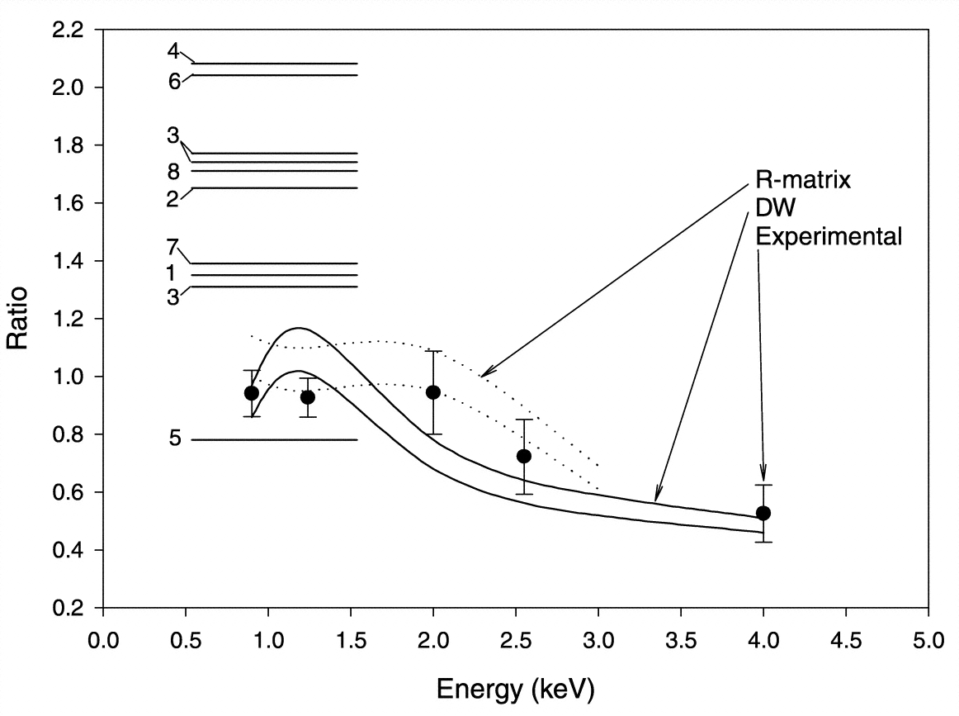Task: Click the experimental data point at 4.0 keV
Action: [763, 513]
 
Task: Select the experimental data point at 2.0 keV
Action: [432, 391]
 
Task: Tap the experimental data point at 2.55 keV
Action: [523, 456]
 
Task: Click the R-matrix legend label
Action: [802, 180]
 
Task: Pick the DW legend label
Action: [772, 209]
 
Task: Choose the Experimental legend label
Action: [829, 237]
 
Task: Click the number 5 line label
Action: [174, 439]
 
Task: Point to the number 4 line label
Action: [173, 51]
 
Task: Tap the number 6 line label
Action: [174, 82]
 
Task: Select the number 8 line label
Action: [174, 172]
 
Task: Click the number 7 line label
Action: [173, 246]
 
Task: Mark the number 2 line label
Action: [173, 199]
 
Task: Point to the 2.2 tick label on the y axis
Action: [67, 30]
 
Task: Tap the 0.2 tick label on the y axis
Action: [67, 609]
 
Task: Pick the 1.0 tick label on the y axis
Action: [67, 377]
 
